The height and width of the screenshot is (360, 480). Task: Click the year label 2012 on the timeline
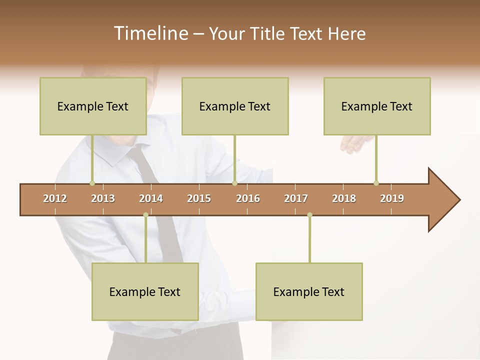pos(55,198)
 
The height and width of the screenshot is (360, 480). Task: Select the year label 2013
pos(103,198)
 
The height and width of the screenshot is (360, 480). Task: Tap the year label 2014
pos(151,198)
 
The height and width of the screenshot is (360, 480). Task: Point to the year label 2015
pos(199,198)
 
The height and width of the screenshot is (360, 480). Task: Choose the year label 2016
pos(248,198)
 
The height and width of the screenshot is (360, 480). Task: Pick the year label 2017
pos(296,198)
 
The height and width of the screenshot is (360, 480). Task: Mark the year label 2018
pos(344,198)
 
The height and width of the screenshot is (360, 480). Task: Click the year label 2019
pos(392,198)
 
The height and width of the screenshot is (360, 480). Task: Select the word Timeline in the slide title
pos(150,33)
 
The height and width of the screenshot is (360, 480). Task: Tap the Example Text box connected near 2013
pos(93,106)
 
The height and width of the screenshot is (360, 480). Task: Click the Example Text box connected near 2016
pos(235,106)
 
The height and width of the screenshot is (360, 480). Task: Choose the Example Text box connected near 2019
pos(377,106)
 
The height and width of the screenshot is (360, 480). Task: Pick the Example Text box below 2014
pos(145,291)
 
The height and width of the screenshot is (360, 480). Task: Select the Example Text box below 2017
pos(309,291)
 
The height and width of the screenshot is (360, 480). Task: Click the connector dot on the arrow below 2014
pos(145,215)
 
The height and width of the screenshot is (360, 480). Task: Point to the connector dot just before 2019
pos(376,183)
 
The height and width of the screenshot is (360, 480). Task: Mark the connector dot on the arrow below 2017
pos(309,215)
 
